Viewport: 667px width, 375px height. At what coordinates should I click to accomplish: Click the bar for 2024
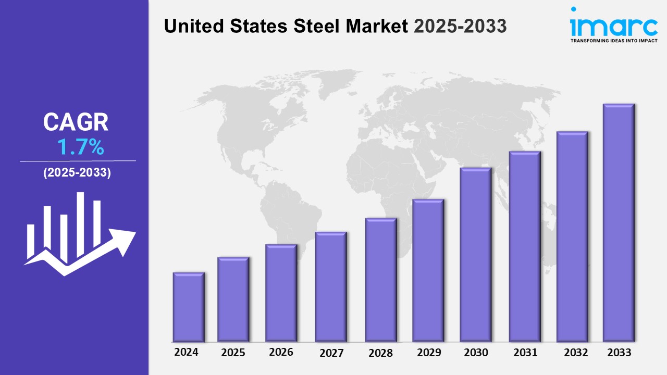[x=189, y=307]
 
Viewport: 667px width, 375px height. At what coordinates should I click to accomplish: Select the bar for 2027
[x=331, y=286]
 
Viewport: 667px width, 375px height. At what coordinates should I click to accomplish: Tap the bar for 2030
[x=476, y=255]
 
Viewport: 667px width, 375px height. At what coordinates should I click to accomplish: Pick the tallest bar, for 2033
[x=619, y=222]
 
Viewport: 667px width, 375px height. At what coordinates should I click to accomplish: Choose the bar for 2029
[x=428, y=270]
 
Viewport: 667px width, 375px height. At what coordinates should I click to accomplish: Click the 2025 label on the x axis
[x=233, y=353]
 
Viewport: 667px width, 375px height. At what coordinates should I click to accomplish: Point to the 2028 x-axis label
[x=380, y=353]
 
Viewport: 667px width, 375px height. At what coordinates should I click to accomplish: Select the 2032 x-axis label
[x=576, y=353]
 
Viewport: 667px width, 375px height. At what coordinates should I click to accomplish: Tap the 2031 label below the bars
[x=525, y=353]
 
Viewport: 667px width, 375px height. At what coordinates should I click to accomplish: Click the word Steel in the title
[x=316, y=26]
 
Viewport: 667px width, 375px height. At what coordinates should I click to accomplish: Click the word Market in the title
[x=377, y=26]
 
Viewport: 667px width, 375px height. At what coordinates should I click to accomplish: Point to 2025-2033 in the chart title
[x=460, y=26]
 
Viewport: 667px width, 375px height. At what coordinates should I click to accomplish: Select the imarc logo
[x=614, y=22]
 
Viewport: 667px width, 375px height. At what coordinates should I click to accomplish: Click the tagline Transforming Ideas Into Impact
[x=614, y=41]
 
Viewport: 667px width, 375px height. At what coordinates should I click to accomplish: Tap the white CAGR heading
[x=76, y=122]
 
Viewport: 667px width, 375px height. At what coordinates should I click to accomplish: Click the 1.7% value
[x=80, y=147]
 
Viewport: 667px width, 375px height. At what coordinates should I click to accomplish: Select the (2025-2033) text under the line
[x=77, y=172]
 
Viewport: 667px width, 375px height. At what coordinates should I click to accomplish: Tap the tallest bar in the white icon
[x=80, y=224]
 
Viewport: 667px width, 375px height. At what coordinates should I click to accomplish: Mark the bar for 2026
[x=281, y=293]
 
